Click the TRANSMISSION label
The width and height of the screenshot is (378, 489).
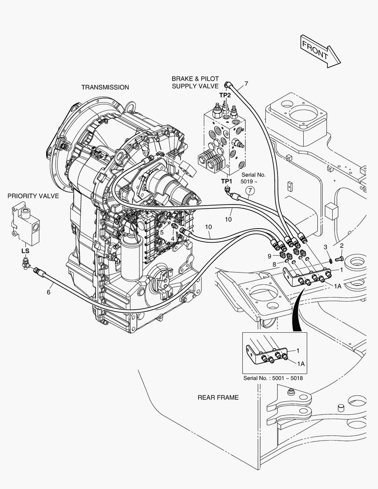pos(105,87)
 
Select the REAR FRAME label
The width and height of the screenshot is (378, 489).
pos(218,398)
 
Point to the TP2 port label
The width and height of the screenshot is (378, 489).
pos(225,95)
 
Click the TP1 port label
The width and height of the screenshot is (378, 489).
pos(226,181)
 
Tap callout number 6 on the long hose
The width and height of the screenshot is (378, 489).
pos(48,292)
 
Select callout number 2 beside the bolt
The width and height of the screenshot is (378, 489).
pos(342,246)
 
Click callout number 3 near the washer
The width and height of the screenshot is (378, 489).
pos(325,247)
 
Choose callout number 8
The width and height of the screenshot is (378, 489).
pos(274,264)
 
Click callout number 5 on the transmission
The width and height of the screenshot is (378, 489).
pos(162,232)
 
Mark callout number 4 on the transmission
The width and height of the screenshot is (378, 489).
pos(172,238)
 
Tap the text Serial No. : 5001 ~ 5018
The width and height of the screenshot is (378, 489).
pos(274,378)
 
